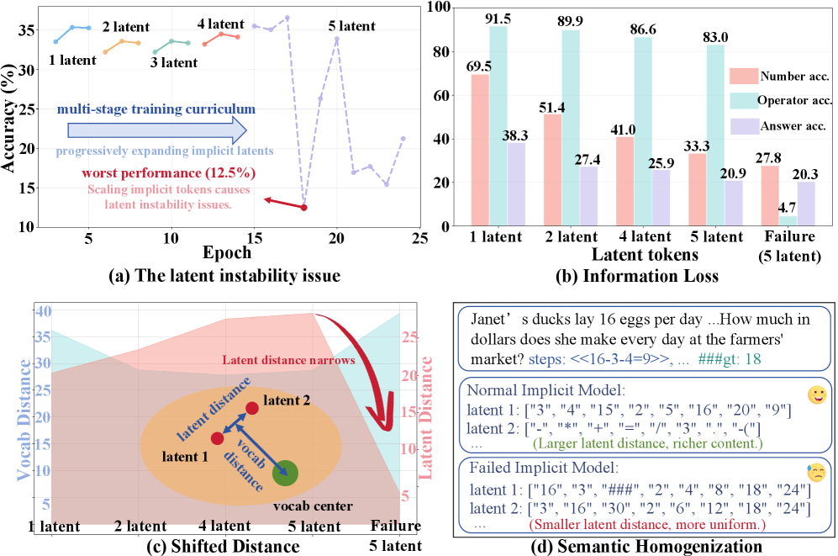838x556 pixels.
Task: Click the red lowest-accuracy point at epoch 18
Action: click(303, 207)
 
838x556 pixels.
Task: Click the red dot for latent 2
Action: click(252, 409)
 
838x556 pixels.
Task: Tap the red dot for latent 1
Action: click(217, 438)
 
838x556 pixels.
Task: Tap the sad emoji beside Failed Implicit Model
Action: click(814, 472)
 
